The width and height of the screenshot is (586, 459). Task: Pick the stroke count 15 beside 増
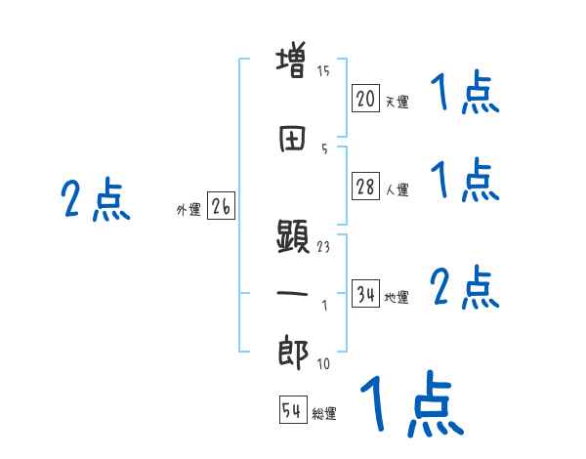click(323, 71)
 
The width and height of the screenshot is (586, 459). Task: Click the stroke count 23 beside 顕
click(323, 246)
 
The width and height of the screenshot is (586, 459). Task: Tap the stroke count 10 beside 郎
click(323, 364)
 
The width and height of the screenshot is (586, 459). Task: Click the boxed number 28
click(365, 188)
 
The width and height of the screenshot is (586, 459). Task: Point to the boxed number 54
click(292, 411)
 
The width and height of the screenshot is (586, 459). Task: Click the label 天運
click(397, 101)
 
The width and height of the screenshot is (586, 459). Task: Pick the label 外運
click(188, 209)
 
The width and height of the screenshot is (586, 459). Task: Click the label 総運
click(324, 414)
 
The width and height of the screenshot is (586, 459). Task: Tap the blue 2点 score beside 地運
click(465, 288)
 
